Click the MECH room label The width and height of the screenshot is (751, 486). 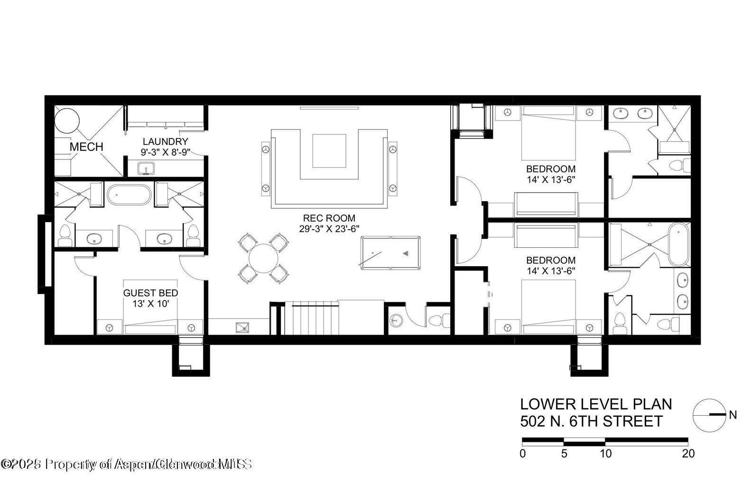point(86,147)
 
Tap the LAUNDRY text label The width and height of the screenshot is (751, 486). point(165,141)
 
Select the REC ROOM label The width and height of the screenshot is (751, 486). point(329,218)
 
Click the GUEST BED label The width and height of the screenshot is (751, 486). point(150,293)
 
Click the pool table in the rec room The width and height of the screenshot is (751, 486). point(390,253)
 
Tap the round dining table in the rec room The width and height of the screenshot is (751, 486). point(264,258)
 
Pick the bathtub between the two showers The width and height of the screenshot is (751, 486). point(129,195)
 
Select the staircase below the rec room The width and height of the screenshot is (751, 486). point(314,319)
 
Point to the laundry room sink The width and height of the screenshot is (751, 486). point(146,168)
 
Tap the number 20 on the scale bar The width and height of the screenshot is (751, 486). point(687,454)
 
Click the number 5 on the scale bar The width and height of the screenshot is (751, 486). point(564,454)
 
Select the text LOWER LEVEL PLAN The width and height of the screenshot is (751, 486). point(596,404)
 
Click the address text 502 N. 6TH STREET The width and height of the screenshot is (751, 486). point(591,421)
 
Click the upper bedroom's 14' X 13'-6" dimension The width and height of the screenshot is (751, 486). point(551,179)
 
